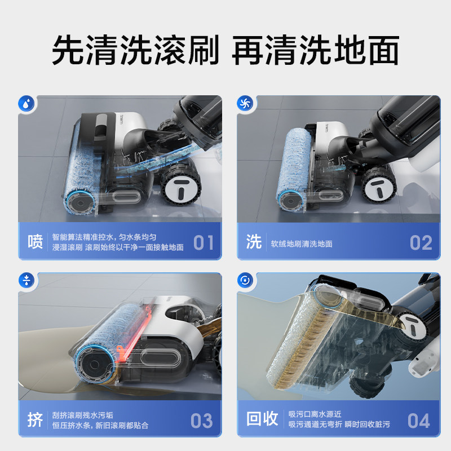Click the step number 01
click(x=204, y=242)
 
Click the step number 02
click(x=421, y=242)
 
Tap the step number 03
click(x=202, y=420)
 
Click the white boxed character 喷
click(x=35, y=242)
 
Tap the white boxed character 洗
click(x=254, y=242)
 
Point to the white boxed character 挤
click(x=35, y=420)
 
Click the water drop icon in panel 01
click(x=26, y=103)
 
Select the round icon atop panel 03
click(x=26, y=280)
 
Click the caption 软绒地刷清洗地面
click(x=302, y=244)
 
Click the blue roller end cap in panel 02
click(x=290, y=200)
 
